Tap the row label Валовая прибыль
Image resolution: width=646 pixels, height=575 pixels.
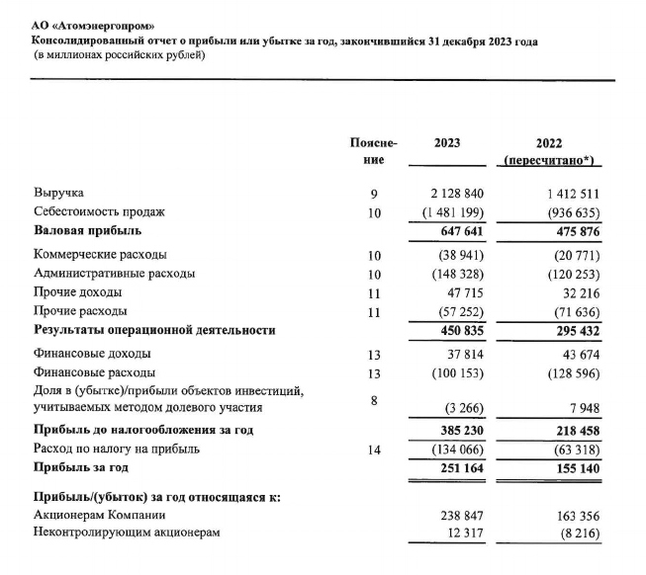[x=88, y=231]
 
